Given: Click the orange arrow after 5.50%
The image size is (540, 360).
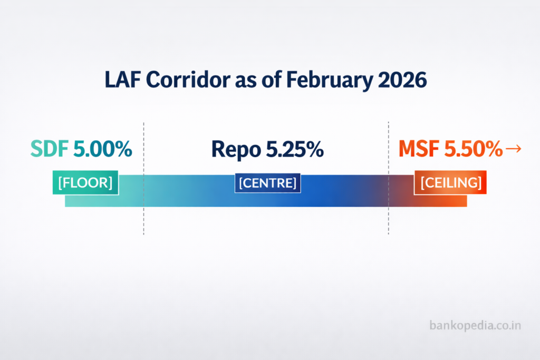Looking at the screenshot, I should [x=513, y=150].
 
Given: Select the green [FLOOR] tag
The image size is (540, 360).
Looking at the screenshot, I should [x=85, y=182].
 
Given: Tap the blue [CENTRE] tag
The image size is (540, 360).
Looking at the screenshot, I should [x=267, y=183].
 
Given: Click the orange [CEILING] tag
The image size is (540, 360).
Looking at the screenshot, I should [x=450, y=182].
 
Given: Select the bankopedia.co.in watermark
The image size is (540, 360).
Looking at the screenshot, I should [x=475, y=325].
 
